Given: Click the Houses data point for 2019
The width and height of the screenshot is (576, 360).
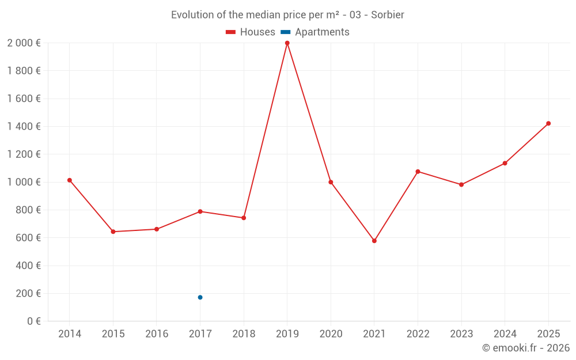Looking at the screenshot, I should coord(287,43).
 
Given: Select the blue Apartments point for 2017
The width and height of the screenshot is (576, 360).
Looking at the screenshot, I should coord(200,297).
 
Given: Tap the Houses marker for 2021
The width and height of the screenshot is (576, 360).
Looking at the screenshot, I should coord(374,241).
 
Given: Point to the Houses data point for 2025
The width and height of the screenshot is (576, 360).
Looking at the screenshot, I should coord(548,123).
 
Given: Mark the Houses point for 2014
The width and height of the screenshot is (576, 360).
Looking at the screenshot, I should coord(70,180).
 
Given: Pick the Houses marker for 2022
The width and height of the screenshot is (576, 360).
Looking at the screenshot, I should coord(418,172).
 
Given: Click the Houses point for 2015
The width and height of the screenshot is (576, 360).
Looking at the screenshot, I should coord(113,232).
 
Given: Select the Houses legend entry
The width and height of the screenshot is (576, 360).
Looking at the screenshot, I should coord(250,32).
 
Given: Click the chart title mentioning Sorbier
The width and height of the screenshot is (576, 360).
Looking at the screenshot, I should coord(287,15).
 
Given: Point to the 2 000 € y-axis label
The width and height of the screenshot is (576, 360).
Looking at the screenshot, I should coord(24,43).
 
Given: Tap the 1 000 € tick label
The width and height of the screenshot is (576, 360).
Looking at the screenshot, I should coord(24,182).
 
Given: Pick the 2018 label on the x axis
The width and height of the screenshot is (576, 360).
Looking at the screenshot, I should coord(244,334).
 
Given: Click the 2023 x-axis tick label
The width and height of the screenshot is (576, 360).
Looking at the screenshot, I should coord(461,334).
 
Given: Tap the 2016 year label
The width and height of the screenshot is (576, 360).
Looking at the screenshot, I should coord(157,334).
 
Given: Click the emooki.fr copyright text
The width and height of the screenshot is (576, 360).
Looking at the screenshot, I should coord(525,348).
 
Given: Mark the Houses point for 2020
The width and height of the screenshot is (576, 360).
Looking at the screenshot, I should coord(331,182).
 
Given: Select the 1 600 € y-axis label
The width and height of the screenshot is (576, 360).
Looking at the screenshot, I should coord(24,98).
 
